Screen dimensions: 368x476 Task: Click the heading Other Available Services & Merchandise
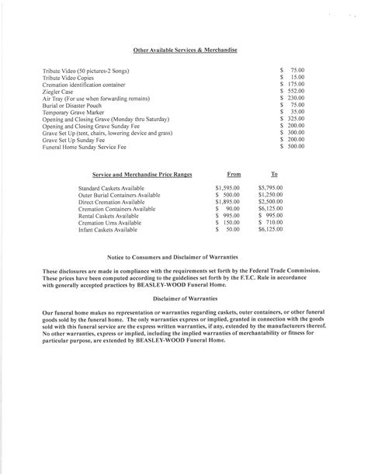pos(184,49)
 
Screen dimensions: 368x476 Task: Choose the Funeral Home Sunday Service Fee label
pos(85,146)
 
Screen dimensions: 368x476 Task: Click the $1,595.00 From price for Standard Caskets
pos(227,188)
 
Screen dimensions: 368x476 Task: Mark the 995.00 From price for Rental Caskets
pos(229,216)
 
